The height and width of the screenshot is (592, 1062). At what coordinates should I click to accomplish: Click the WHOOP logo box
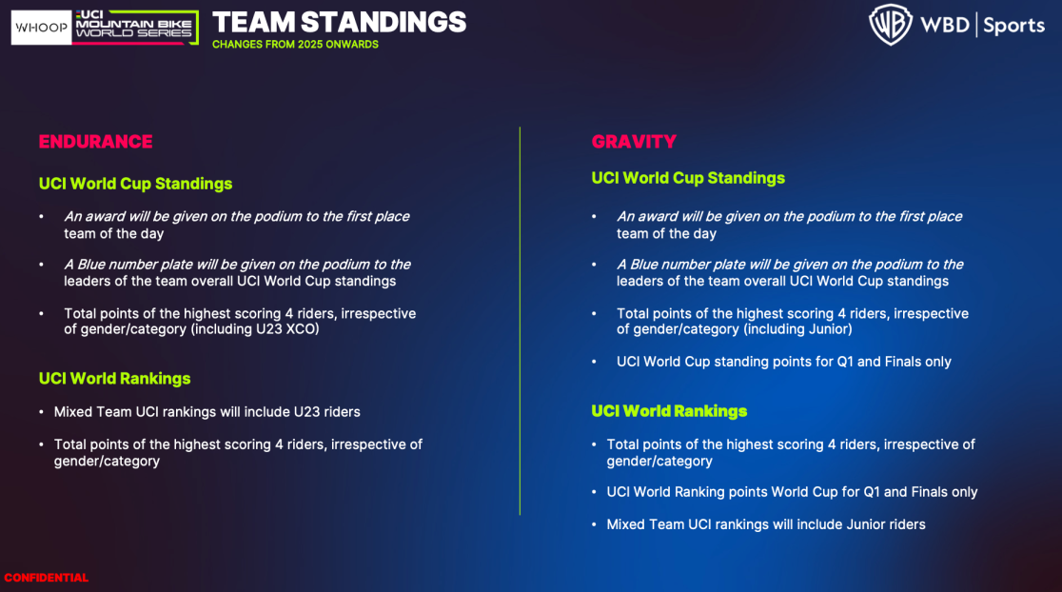[41, 28]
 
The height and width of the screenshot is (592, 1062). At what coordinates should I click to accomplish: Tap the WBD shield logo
[891, 25]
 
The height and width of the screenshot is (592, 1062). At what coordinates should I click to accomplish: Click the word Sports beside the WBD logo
[1013, 26]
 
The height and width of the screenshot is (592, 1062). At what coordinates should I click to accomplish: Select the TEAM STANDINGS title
[340, 22]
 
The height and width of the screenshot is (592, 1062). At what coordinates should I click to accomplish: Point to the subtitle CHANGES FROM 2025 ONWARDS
[295, 45]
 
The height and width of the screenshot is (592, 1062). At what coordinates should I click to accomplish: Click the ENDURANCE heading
[95, 142]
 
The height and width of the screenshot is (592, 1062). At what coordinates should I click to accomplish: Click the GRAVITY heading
[634, 142]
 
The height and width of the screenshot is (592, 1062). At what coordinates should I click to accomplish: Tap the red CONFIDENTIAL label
[46, 578]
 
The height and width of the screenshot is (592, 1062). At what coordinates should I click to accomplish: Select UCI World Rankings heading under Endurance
[114, 379]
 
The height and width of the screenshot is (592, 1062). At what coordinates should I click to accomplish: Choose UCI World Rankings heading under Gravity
[669, 411]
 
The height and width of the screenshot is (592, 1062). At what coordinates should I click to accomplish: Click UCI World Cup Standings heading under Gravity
[688, 178]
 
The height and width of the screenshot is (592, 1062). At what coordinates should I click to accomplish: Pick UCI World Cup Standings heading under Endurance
[135, 184]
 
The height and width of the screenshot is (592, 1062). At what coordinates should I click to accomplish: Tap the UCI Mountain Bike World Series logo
[135, 28]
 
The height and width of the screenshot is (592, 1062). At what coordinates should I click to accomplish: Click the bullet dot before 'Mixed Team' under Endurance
[41, 412]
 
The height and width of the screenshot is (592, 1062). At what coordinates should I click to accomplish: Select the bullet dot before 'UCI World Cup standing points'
[594, 363]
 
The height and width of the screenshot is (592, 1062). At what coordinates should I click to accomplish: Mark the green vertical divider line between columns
[521, 321]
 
